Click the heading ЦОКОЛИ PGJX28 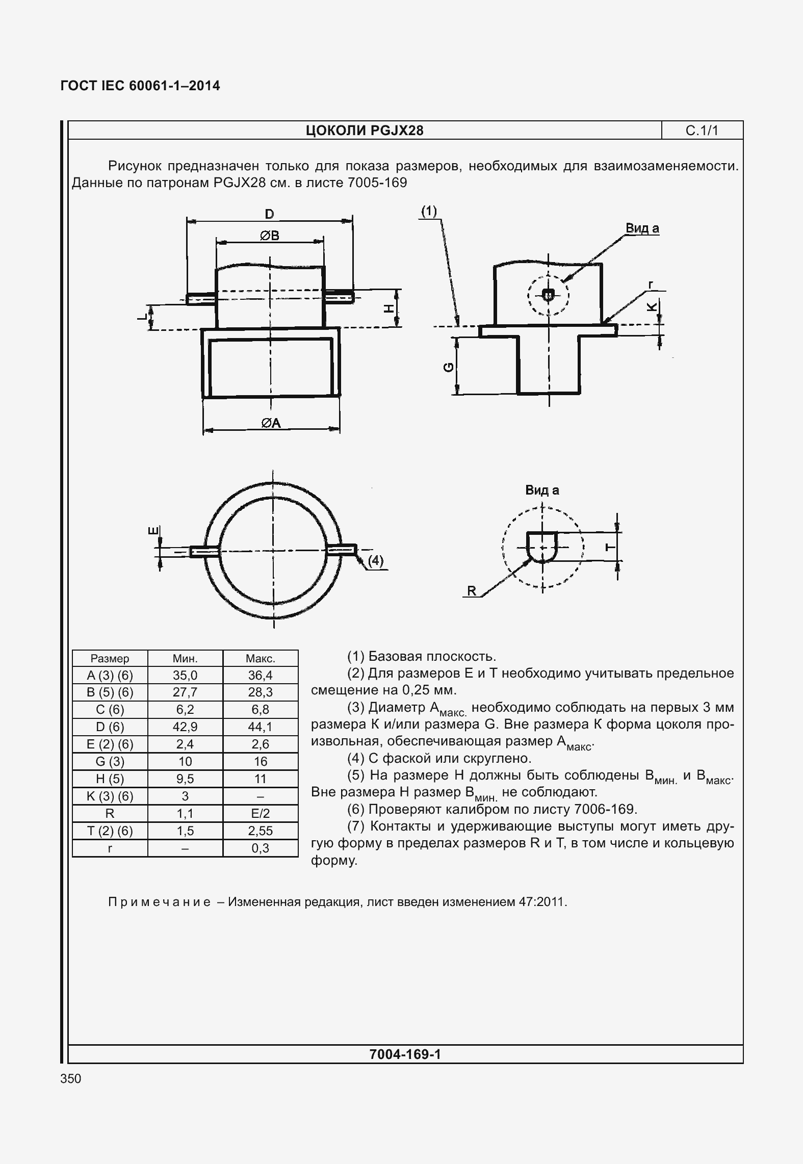click(x=365, y=131)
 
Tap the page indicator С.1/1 click(x=702, y=131)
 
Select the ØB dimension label click(x=269, y=236)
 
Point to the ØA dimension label click(x=271, y=423)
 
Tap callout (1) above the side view click(x=429, y=211)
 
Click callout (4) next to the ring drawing click(x=375, y=561)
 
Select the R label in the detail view click(x=472, y=591)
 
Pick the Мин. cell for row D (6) click(x=185, y=727)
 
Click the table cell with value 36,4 click(x=260, y=676)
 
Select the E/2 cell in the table click(x=260, y=813)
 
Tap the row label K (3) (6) click(x=110, y=796)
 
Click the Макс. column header click(x=260, y=659)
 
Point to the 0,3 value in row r click(x=260, y=848)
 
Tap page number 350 click(x=70, y=1079)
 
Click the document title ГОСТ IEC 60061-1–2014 click(x=140, y=86)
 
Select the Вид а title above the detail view click(x=542, y=490)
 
